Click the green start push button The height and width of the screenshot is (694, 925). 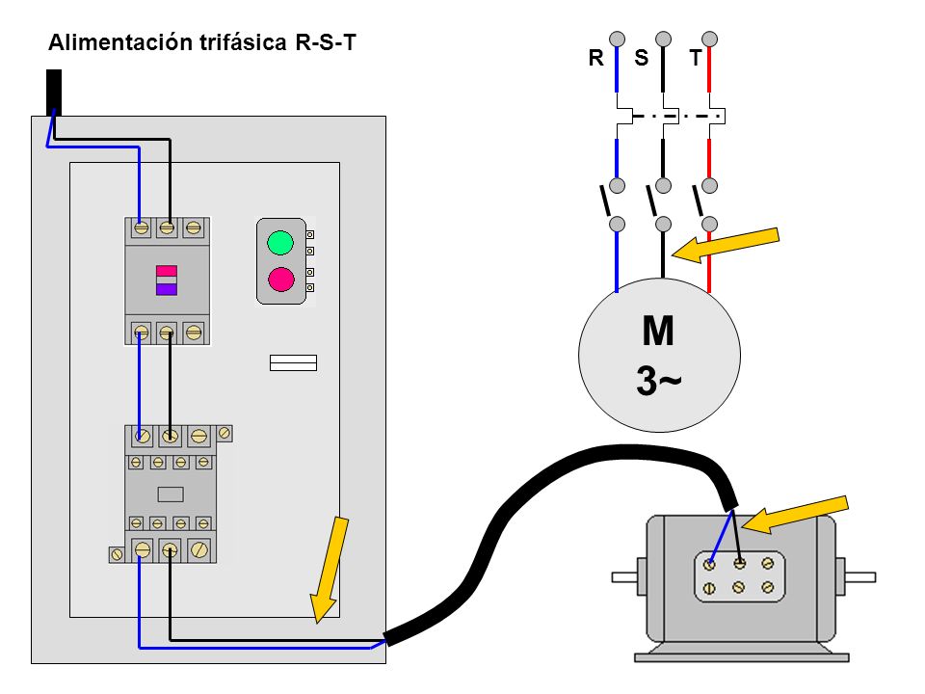280,243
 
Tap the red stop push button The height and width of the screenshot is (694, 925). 280,280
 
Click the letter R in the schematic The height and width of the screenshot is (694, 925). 595,58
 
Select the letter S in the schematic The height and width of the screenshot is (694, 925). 642,58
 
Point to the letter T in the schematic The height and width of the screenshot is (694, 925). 696,58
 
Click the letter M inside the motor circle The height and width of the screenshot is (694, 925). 658,331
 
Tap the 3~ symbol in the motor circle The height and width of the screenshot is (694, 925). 658,381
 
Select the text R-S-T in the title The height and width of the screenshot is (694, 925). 326,42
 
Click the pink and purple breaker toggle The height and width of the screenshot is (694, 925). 167,280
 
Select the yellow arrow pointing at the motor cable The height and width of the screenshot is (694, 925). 795,515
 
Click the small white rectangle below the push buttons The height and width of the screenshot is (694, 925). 293,363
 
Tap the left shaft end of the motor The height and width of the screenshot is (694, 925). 624,576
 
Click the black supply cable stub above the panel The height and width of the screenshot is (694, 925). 54,93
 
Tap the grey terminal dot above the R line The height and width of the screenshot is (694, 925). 617,39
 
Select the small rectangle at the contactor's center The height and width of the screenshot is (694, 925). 171,494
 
